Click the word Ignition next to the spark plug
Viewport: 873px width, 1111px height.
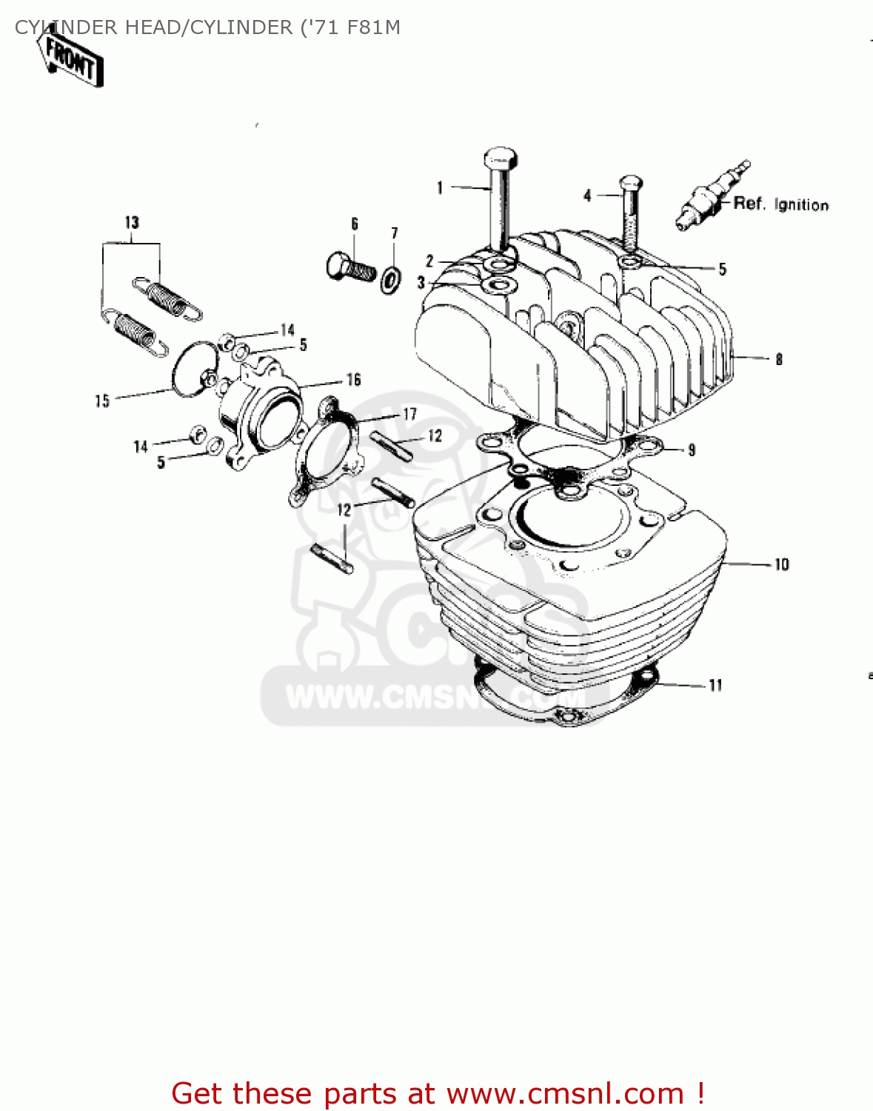point(801,205)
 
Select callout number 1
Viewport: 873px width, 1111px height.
point(440,188)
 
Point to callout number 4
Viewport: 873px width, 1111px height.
point(587,196)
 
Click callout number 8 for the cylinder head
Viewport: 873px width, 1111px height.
point(779,360)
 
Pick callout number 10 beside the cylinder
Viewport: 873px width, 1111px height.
point(782,565)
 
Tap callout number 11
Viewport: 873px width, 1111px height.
point(715,686)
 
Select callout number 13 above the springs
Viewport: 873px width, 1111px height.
point(132,222)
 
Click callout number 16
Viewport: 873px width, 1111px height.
point(354,380)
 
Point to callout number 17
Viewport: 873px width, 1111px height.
point(409,414)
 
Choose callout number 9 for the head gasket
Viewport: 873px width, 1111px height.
point(692,450)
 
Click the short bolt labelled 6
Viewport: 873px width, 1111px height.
point(350,264)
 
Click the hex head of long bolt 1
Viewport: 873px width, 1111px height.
point(500,158)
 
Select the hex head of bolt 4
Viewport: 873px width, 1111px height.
point(630,182)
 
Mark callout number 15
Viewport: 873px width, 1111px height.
point(102,401)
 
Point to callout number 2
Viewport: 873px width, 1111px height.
point(429,261)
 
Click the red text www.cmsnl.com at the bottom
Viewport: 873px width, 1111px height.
point(565,1093)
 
